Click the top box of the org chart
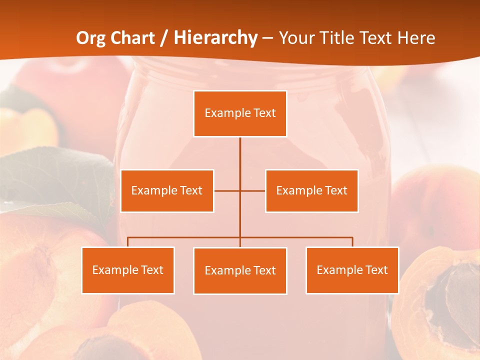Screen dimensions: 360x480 pyautogui.click(x=240, y=113)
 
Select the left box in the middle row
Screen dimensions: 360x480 pyautogui.click(x=167, y=190)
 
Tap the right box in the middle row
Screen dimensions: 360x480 pyautogui.click(x=311, y=190)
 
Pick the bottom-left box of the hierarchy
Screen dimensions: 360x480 pyautogui.click(x=128, y=270)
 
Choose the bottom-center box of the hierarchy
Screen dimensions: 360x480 pyautogui.click(x=240, y=270)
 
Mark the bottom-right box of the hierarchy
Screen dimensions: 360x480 pyautogui.click(x=352, y=270)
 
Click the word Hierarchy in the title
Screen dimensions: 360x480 pyautogui.click(x=215, y=38)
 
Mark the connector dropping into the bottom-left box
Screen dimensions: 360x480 pyautogui.click(x=128, y=242)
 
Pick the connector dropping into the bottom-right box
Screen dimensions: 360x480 pyautogui.click(x=352, y=242)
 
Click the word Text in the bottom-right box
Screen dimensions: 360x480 pyautogui.click(x=376, y=270)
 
